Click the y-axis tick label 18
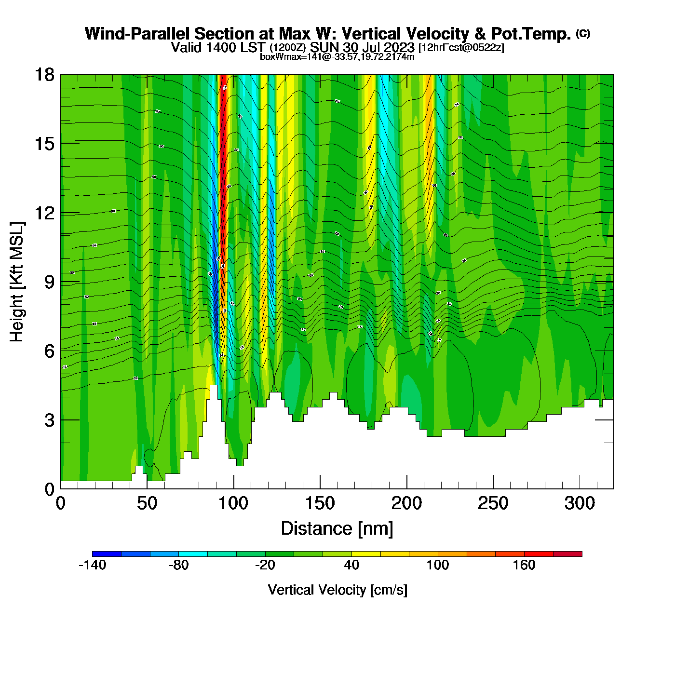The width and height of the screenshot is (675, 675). point(44,75)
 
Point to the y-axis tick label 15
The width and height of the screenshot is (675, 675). point(44,144)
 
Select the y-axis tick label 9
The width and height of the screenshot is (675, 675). point(49,282)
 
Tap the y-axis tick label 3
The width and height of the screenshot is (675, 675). point(49,420)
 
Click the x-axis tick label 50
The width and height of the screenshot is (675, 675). point(147,503)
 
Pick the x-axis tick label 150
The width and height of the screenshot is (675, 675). point(320,503)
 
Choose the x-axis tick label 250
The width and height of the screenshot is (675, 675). point(493,503)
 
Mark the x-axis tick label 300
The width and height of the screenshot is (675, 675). point(580,503)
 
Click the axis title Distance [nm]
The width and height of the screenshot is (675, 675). point(337,529)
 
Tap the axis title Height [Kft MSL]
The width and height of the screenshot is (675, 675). point(17,282)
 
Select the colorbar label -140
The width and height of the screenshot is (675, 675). point(92,565)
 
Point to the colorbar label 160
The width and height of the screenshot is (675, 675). point(524,565)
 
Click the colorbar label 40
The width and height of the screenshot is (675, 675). point(351,565)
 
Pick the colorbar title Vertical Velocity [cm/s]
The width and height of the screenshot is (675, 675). point(337,590)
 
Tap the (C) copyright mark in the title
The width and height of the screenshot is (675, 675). point(582,33)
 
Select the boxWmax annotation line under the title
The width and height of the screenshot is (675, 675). point(337,56)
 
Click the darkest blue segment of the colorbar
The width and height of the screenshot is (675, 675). point(107,554)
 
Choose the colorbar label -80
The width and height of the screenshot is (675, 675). point(178,565)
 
